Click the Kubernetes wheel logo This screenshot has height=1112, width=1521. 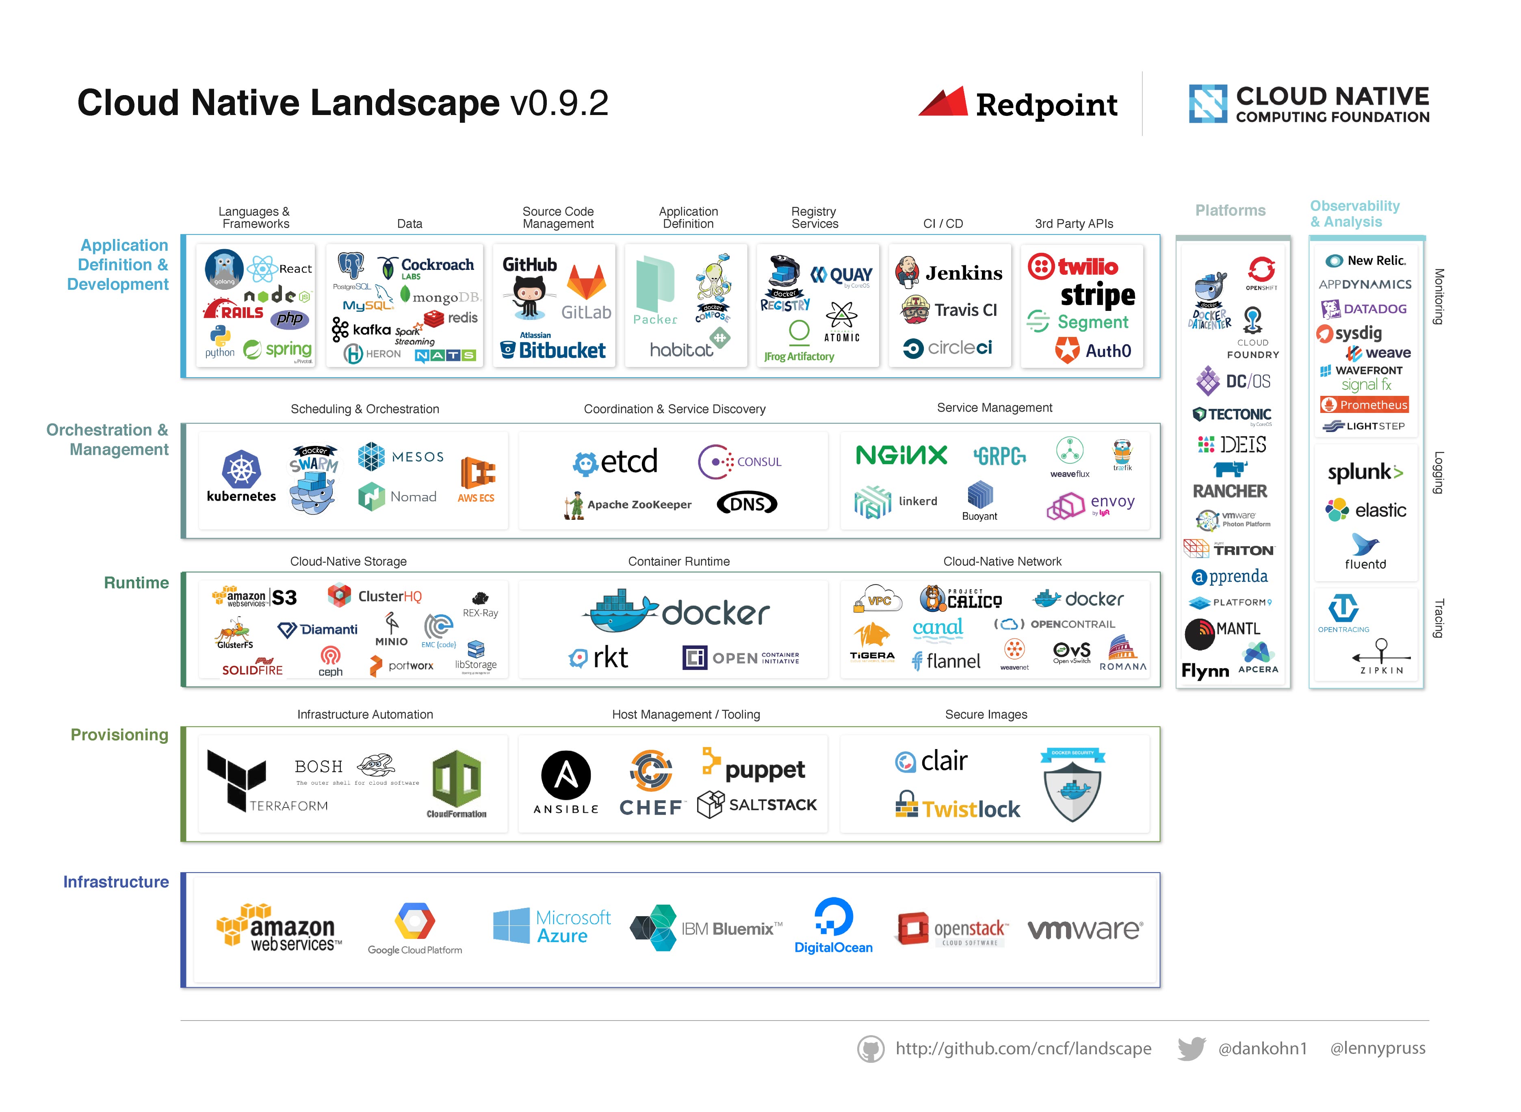tap(241, 469)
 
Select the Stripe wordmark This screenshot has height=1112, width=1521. tap(1097, 295)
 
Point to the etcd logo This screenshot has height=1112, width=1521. tap(615, 462)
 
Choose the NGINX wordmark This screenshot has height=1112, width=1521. tap(901, 456)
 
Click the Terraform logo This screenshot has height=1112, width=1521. tap(237, 779)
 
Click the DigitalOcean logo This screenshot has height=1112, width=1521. tap(834, 925)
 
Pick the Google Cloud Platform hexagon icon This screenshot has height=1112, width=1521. tap(414, 921)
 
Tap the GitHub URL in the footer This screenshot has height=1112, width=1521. tap(1023, 1048)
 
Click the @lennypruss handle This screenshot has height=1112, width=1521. tap(1377, 1048)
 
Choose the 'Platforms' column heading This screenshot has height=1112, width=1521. tap(1230, 211)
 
